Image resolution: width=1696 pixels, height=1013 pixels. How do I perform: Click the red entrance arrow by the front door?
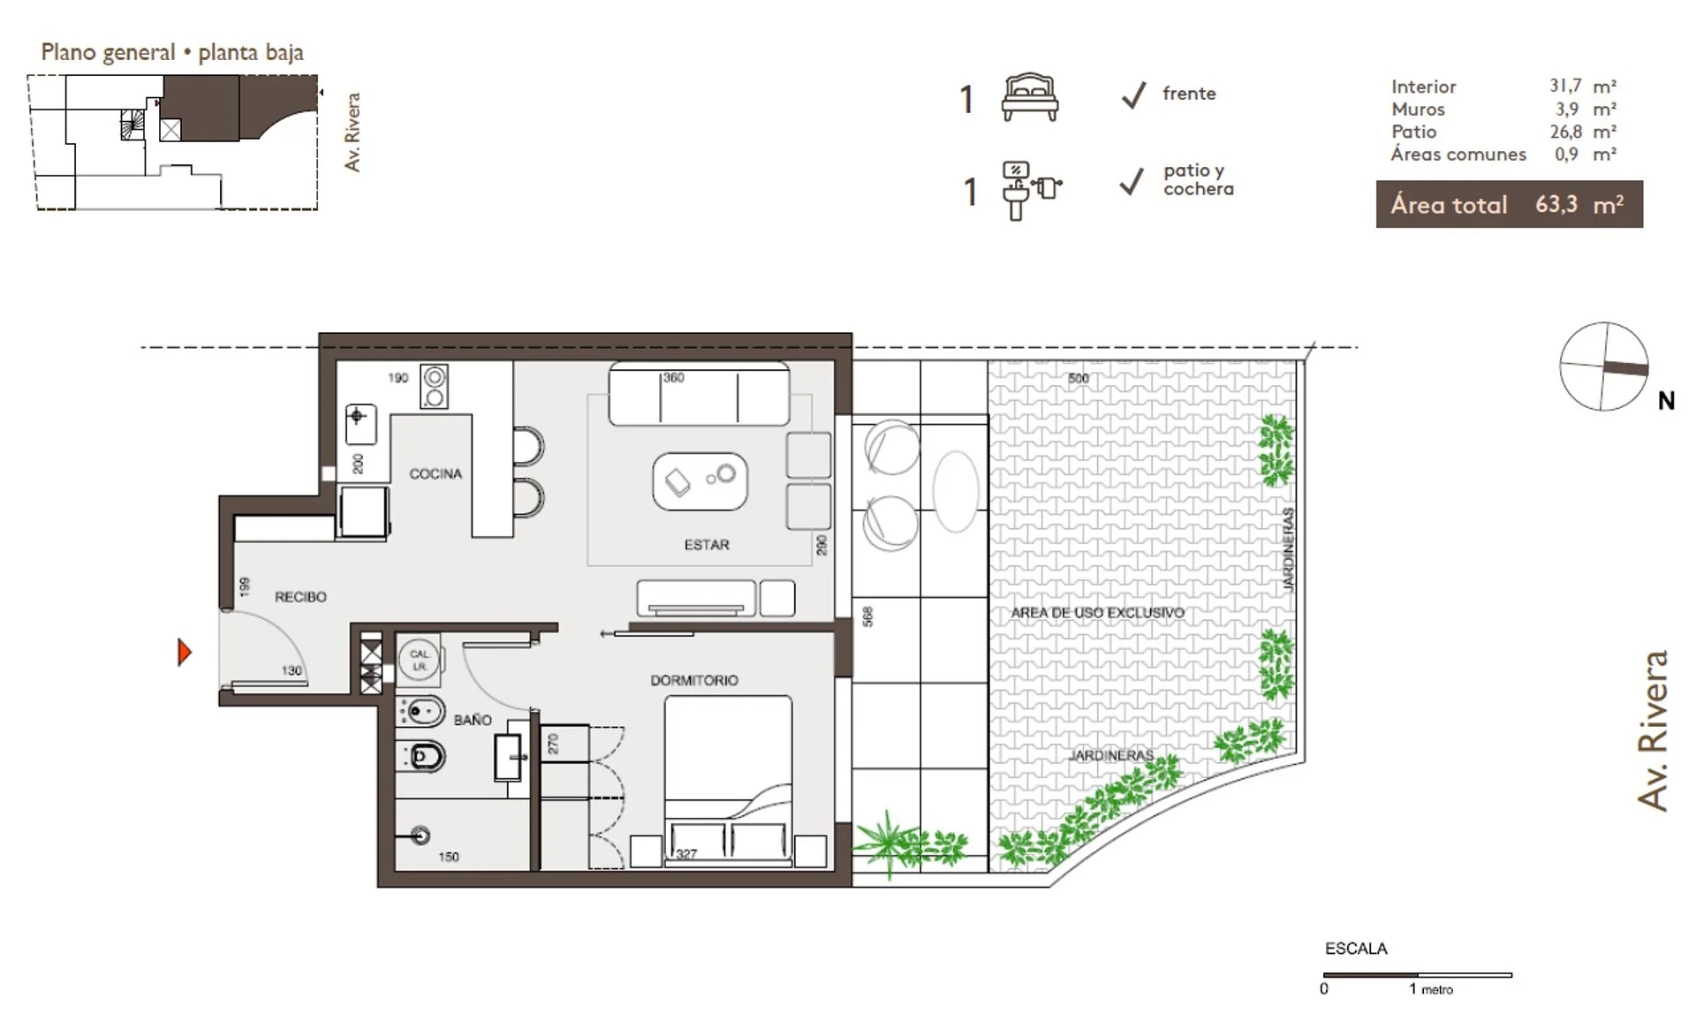(x=184, y=653)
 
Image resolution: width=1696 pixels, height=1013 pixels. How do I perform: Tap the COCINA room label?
(x=435, y=474)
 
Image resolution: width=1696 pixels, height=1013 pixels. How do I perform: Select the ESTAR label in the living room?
(x=707, y=545)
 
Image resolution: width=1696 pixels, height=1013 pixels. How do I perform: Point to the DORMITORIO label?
(x=694, y=680)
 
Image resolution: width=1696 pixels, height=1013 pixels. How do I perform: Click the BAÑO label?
(x=473, y=720)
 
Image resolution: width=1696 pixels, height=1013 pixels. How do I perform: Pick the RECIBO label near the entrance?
(x=300, y=597)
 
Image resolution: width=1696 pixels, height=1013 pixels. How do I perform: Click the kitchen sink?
(x=360, y=425)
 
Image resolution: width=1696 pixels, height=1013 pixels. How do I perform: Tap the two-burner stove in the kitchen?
(x=434, y=387)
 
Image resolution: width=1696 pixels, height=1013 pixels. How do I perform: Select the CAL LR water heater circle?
(x=419, y=660)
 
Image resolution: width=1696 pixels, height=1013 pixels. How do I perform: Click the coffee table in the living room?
(x=700, y=481)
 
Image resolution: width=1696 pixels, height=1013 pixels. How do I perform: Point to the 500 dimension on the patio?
(x=1079, y=378)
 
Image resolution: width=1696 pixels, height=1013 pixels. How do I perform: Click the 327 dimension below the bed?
(x=686, y=853)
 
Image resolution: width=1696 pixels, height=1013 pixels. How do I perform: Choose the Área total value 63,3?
(x=1556, y=204)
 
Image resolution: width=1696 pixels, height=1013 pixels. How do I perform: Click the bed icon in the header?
(x=1030, y=97)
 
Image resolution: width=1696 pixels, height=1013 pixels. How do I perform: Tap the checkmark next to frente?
(x=1133, y=94)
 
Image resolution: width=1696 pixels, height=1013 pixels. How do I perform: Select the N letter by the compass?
(x=1666, y=401)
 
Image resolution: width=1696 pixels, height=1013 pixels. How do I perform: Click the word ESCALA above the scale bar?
(x=1356, y=949)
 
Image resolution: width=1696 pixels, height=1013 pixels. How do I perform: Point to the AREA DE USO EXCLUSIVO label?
(x=1098, y=612)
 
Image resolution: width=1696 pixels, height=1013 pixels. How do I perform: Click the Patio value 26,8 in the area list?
(x=1566, y=132)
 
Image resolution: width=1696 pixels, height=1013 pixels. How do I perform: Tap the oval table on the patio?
(x=956, y=491)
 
